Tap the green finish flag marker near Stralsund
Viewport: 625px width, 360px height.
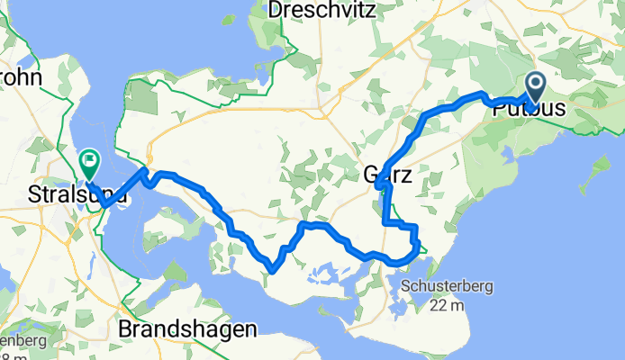point(89,163)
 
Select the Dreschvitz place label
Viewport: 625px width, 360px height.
point(320,11)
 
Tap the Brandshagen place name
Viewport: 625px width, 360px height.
point(186,330)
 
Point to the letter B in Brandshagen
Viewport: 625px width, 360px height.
point(126,330)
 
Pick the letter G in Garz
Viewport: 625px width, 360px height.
point(371,175)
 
